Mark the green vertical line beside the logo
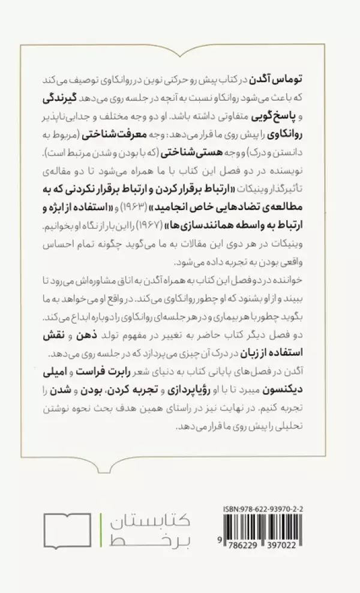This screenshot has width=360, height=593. [101, 531]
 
